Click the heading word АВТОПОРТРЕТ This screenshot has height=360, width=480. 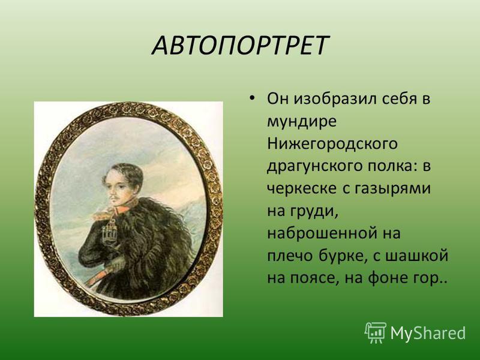(241, 46)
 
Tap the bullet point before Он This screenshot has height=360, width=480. (251, 98)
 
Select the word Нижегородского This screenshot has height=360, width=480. (332, 143)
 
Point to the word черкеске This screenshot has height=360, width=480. (302, 188)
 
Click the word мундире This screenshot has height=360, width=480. (302, 122)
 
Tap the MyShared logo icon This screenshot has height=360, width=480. (376, 332)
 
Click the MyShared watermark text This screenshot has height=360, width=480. (428, 333)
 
